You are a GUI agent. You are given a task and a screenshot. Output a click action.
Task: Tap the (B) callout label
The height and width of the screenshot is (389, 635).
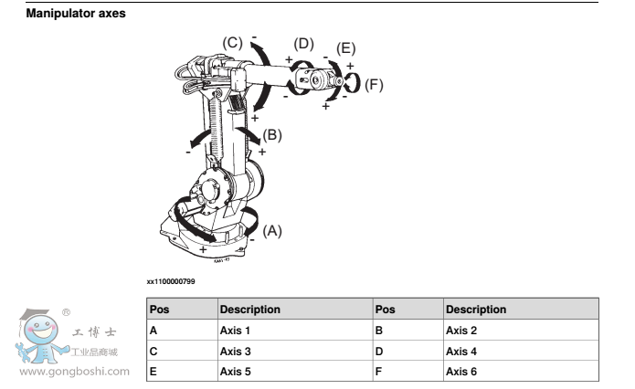(x=272, y=135)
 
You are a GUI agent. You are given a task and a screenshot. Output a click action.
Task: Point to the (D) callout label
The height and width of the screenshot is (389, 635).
(x=303, y=43)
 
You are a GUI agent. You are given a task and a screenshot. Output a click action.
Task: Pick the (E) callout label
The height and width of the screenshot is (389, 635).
(x=345, y=48)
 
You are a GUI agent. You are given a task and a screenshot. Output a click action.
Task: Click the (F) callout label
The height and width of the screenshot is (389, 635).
(x=373, y=85)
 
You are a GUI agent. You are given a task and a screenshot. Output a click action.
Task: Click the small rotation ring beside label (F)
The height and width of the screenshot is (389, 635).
(x=351, y=83)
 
